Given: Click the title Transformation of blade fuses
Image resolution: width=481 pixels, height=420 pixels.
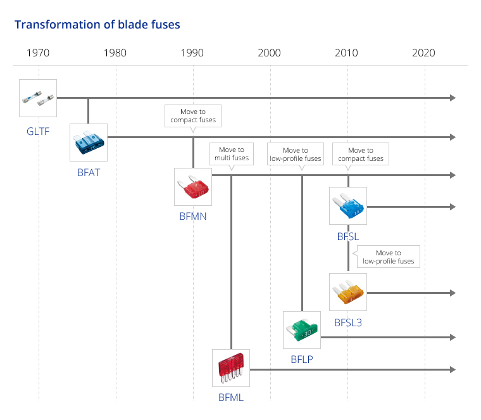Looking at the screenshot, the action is pyautogui.click(x=97, y=25).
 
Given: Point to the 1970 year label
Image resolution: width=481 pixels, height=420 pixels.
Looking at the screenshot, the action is pyautogui.click(x=38, y=53).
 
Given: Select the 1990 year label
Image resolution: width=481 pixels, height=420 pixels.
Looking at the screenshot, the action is pyautogui.click(x=192, y=53).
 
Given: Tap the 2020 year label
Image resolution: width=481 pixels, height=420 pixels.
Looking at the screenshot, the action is pyautogui.click(x=423, y=53).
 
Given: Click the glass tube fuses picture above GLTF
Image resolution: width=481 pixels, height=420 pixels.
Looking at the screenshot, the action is pyautogui.click(x=38, y=98).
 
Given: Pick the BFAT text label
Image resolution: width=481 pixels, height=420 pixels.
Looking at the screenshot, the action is pyautogui.click(x=89, y=172).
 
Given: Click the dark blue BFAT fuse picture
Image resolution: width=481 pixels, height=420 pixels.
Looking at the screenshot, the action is pyautogui.click(x=89, y=143).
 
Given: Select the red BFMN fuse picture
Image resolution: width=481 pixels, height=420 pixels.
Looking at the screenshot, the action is pyautogui.click(x=193, y=187).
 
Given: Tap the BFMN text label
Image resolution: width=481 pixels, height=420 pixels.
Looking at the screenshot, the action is pyautogui.click(x=193, y=217).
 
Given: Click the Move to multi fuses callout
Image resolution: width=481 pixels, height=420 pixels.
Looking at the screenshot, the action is pyautogui.click(x=232, y=154).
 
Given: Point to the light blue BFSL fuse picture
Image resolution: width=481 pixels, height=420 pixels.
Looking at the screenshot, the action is pyautogui.click(x=348, y=206).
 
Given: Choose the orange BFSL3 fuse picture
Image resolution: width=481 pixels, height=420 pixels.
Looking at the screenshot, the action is pyautogui.click(x=348, y=292).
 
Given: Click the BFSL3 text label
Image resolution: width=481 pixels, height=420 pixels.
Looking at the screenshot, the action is pyautogui.click(x=348, y=322).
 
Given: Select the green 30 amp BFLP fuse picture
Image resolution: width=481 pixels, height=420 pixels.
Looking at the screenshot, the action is pyautogui.click(x=302, y=330).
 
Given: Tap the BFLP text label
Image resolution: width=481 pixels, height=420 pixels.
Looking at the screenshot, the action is pyautogui.click(x=302, y=359).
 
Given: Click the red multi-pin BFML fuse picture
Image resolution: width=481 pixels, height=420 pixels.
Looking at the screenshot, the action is pyautogui.click(x=231, y=368).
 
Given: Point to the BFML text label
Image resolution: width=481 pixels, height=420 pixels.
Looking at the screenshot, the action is pyautogui.click(x=231, y=398).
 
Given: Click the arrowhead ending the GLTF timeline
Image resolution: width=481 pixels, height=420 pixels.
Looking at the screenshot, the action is pyautogui.click(x=453, y=98).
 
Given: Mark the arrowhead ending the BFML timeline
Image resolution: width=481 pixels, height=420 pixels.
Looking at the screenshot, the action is pyautogui.click(x=453, y=370).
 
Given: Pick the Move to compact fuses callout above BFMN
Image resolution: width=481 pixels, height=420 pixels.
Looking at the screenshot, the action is pyautogui.click(x=193, y=116).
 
